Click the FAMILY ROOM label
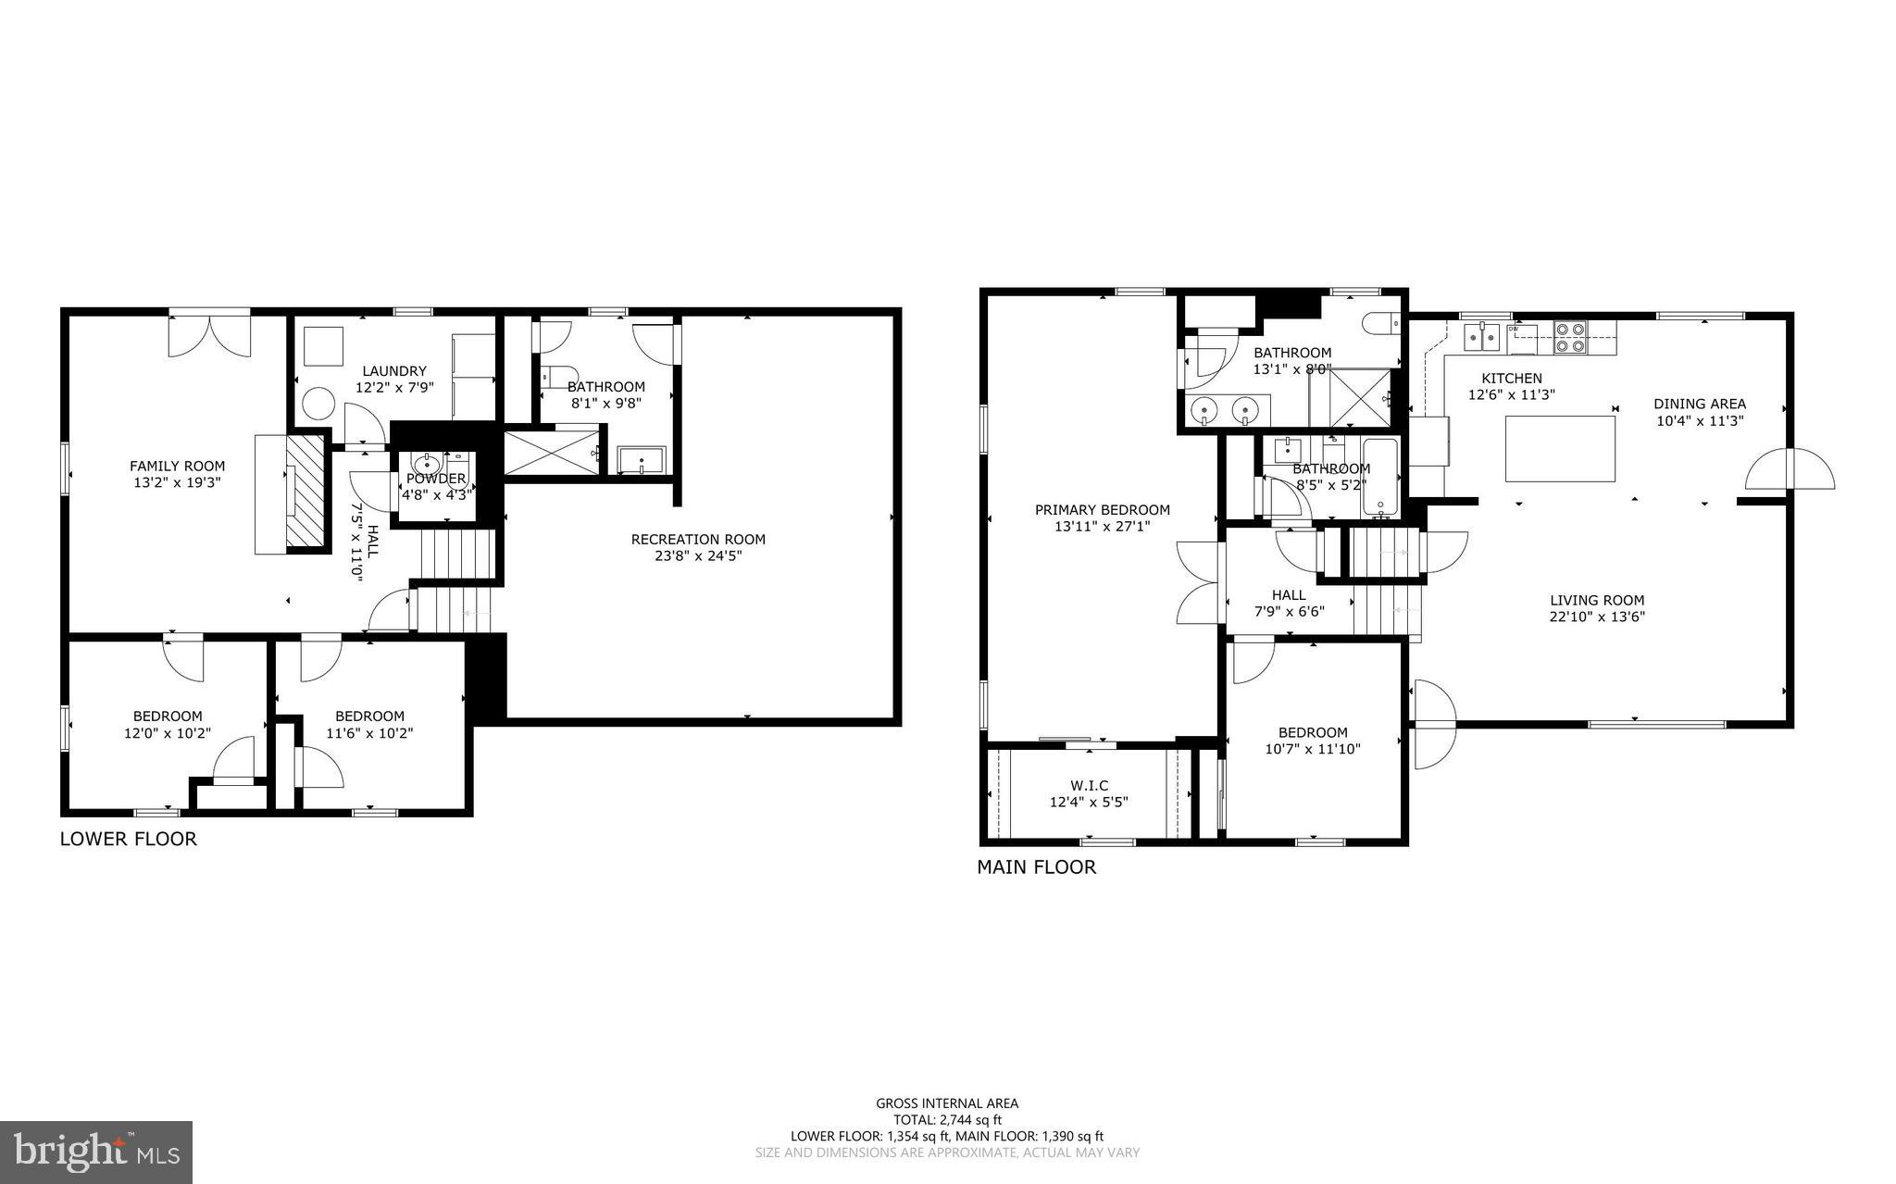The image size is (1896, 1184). [177, 467]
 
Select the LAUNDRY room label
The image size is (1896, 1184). [394, 371]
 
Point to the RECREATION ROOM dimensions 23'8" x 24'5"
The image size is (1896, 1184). [698, 556]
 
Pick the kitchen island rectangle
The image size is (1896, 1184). [1560, 449]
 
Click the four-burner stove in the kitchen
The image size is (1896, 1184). [1570, 337]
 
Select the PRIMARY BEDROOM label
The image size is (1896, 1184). [1102, 510]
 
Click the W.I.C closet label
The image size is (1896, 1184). [1089, 786]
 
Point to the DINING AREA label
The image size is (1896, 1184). [1700, 404]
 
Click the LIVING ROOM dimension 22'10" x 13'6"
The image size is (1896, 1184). [1597, 617]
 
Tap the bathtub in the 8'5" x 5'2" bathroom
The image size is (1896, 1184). [1379, 480]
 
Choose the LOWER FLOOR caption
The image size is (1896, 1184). [129, 839]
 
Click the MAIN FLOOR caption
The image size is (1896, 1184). [1036, 867]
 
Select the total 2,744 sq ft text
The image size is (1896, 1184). [947, 1119]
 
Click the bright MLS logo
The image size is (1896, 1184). [96, 1152]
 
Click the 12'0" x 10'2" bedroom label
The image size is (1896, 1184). [168, 724]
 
